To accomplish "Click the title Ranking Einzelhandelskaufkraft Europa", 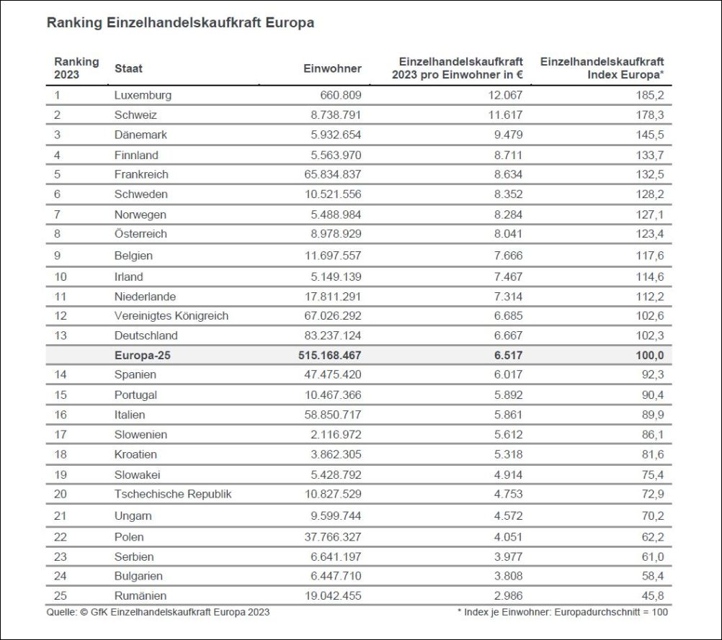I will coord(180,23).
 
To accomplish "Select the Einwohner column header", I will coord(332,68).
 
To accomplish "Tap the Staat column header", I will coord(128,68).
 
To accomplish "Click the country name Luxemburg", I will coord(143,95).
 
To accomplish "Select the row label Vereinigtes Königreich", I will coord(171,315).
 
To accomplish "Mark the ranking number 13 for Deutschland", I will coord(60,335).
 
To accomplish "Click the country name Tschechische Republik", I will coord(173,494).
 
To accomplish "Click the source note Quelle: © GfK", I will coord(159,612).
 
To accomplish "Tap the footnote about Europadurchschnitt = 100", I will coord(563,612).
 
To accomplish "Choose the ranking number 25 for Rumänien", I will coord(60,595).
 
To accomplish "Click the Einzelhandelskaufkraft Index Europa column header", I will coord(602,68).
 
